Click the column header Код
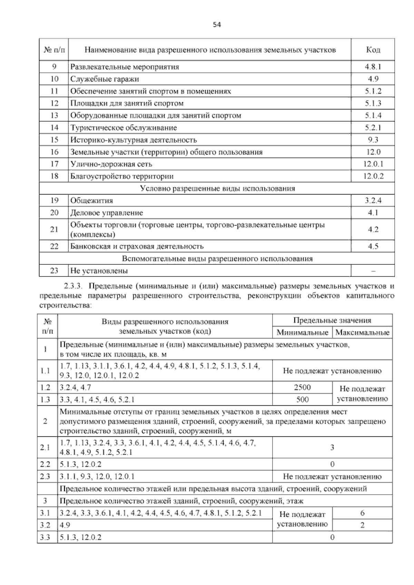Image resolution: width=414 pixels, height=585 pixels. pos(373,50)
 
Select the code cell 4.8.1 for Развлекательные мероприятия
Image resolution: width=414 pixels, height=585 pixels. pos(373,67)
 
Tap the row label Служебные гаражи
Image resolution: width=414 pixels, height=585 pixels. pos(105,79)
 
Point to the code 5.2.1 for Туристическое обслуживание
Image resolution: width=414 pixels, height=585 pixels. pos(373,128)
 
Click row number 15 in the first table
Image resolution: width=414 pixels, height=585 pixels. pos(54,140)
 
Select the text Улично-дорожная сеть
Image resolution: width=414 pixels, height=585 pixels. pos(111,164)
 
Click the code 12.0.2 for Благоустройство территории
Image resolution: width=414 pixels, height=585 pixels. pos(373,176)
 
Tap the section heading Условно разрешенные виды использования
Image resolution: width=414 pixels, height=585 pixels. pos(217,188)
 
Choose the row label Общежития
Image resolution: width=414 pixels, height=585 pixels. pos(91,201)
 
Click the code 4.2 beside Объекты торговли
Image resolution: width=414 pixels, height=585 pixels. pos(373,229)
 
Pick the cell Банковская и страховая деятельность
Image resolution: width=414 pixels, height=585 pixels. pos(137,246)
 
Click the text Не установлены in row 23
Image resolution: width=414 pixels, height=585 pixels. pos(99,271)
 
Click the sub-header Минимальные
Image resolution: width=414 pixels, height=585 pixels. pos(302,333)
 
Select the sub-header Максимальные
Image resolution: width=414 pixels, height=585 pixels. pos(362,333)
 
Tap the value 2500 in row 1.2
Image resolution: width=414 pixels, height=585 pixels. pos(302,387)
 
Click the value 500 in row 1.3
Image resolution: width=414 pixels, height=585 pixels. pos(302,399)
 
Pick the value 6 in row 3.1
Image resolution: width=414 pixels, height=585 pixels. pos(362,513)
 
